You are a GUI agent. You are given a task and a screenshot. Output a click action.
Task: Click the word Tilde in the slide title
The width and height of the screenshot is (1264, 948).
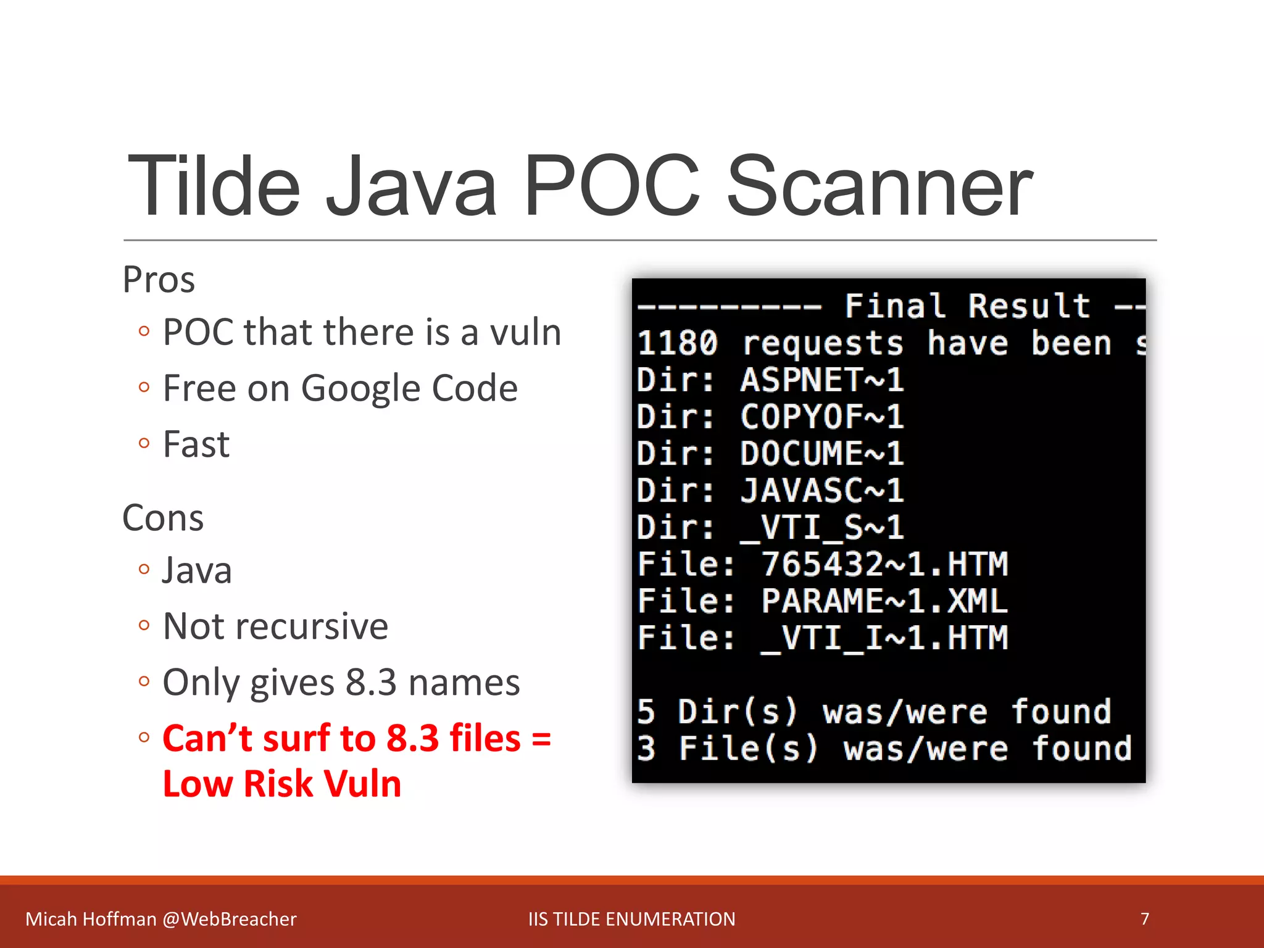coord(214,186)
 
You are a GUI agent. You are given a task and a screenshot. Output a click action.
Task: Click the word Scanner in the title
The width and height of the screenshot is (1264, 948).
coord(879,186)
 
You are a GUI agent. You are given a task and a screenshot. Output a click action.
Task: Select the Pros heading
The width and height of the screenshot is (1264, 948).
coord(159,280)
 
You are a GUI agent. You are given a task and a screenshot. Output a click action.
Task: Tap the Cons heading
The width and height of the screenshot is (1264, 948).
coord(163,518)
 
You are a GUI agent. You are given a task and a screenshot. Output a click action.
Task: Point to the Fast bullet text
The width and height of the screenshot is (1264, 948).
coord(196,444)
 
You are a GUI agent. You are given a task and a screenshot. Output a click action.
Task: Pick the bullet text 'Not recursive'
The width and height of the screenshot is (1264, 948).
coord(275,626)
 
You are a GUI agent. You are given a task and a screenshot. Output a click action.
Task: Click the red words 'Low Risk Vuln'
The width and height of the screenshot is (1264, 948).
coord(282,784)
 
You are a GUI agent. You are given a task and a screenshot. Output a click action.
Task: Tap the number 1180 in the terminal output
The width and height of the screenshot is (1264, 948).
coord(677,343)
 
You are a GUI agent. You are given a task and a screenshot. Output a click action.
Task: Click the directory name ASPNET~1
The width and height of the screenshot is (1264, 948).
coord(822,380)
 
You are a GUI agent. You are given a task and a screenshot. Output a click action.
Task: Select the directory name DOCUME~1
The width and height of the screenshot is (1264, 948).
coord(822,454)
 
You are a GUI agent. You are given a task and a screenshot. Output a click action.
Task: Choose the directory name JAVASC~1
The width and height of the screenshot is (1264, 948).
coord(822,491)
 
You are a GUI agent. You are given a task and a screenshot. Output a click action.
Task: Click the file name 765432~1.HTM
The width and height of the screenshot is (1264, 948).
coord(884,564)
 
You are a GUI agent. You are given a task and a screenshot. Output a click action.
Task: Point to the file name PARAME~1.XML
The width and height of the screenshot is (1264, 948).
coord(884,601)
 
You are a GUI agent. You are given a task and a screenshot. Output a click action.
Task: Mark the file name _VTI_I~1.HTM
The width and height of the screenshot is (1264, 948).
coord(884,638)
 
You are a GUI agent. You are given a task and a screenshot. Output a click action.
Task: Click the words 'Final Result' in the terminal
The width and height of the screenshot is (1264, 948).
coord(967,306)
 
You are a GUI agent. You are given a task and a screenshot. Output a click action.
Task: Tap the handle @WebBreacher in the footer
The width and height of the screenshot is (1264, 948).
coord(230,919)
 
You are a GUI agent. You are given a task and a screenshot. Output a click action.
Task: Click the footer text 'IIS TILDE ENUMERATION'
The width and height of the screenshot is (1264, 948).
coord(631,919)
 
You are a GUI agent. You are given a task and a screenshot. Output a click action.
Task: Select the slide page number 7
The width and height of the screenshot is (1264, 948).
coord(1144,919)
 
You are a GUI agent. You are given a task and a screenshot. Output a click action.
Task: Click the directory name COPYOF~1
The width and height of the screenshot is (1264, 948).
coord(822,417)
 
